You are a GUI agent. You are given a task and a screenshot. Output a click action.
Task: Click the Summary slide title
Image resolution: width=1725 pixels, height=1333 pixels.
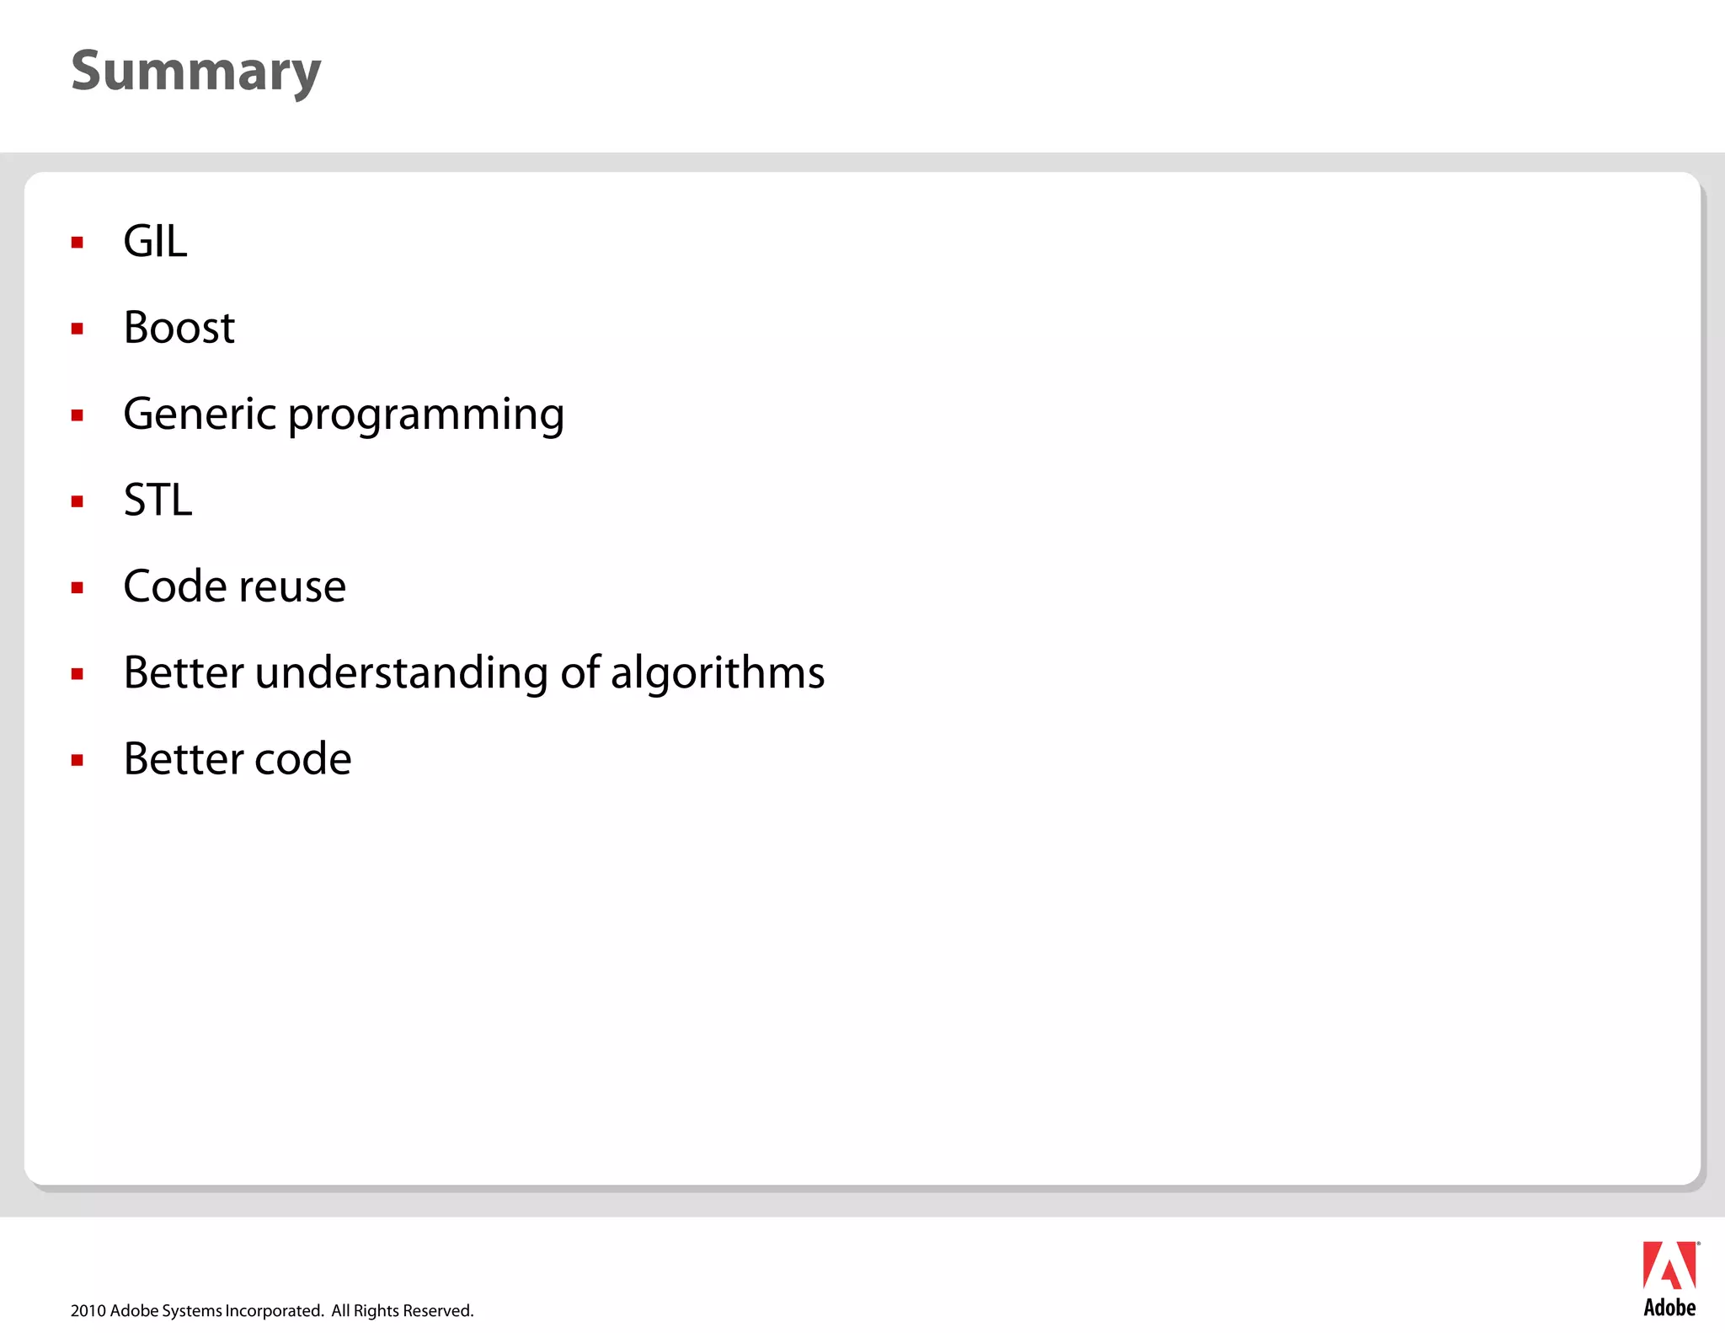pos(196,72)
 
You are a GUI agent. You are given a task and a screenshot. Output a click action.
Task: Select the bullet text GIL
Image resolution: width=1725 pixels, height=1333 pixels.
pos(155,242)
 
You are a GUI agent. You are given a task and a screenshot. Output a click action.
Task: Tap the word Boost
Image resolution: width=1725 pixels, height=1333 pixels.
pos(179,328)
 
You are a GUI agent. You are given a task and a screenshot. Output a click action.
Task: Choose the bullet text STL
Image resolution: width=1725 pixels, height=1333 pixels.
pos(158,501)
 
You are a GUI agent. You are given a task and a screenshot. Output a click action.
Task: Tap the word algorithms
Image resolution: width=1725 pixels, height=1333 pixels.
pos(718,673)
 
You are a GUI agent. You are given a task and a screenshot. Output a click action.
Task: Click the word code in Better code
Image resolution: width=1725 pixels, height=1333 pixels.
pos(302,759)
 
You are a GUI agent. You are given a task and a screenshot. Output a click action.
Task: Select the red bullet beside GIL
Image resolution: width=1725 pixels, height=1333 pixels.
pos(77,243)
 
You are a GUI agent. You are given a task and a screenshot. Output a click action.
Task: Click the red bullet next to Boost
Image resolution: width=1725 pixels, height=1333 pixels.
pos(77,329)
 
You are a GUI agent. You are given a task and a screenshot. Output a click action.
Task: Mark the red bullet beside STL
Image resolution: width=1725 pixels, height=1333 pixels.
pos(77,502)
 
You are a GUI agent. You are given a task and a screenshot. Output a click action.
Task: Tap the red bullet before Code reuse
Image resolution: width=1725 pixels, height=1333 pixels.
pos(77,588)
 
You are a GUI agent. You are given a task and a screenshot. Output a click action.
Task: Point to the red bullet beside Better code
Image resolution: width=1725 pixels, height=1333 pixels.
pos(77,760)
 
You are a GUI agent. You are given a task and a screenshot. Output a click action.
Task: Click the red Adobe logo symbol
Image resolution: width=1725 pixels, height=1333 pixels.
pos(1669,1266)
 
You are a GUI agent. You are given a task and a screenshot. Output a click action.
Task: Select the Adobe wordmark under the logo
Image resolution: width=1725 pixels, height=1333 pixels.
pos(1669,1308)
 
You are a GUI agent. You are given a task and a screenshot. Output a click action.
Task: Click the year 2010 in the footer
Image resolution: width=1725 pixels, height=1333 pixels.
pos(88,1311)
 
